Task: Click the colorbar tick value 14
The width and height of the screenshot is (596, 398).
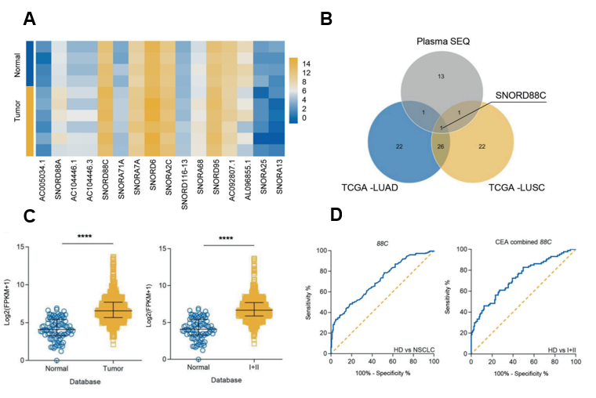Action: (x=307, y=61)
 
